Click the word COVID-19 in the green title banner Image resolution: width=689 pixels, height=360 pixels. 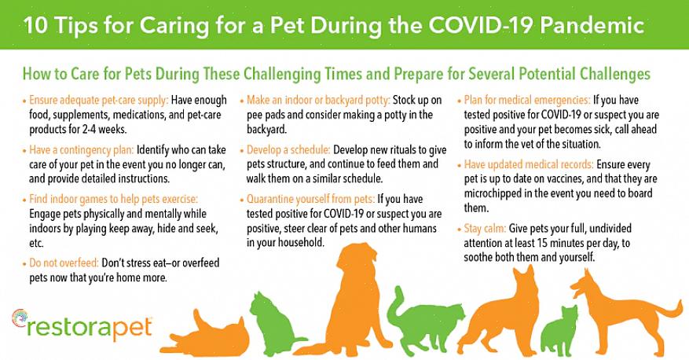pyautogui.click(x=480, y=25)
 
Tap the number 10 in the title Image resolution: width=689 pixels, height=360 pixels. pyautogui.click(x=35, y=25)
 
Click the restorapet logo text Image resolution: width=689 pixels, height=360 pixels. pyautogui.click(x=90, y=328)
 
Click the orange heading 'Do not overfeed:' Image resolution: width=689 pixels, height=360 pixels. pyautogui.click(x=64, y=263)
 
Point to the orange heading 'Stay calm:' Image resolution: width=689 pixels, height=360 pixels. pyautogui.click(x=485, y=229)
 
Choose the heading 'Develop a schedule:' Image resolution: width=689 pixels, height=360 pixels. pyautogui.click(x=288, y=150)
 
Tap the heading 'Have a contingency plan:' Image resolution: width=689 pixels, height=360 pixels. pyautogui.click(x=81, y=150)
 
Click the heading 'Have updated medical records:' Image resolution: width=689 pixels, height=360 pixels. pyautogui.click(x=529, y=164)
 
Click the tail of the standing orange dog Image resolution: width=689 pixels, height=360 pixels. pyautogui.click(x=668, y=309)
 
